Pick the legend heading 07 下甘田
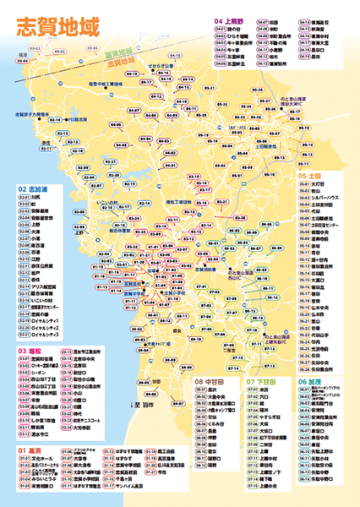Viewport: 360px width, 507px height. pyautogui.click(x=263, y=381)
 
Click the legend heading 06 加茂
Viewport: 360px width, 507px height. pyautogui.click(x=310, y=381)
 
